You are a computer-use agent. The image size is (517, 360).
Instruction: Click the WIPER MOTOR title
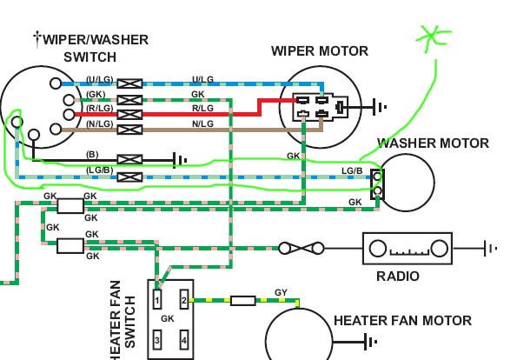click(x=320, y=51)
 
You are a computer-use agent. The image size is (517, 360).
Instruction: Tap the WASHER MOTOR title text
click(x=433, y=143)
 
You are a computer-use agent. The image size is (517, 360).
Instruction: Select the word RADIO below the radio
click(x=398, y=277)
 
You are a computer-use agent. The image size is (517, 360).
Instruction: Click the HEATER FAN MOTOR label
click(x=402, y=321)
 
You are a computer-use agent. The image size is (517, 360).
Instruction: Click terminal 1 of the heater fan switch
click(x=157, y=299)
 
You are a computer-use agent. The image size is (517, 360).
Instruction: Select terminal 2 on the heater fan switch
click(x=184, y=299)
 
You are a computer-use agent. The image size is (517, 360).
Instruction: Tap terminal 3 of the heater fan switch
click(x=157, y=340)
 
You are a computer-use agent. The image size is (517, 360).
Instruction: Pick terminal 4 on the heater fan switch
click(x=184, y=340)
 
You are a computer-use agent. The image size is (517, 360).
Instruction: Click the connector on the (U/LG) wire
click(x=130, y=83)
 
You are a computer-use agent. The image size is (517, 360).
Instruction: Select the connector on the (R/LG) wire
click(x=130, y=115)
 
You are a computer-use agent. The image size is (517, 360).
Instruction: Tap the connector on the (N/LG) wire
click(x=130, y=130)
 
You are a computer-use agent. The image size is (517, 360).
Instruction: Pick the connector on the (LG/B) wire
click(x=130, y=177)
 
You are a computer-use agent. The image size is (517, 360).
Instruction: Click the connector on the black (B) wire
click(x=130, y=160)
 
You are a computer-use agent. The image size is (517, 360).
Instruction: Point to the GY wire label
click(x=281, y=292)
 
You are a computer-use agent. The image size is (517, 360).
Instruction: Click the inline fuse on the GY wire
click(x=243, y=301)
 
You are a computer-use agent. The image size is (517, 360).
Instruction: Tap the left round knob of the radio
click(x=377, y=249)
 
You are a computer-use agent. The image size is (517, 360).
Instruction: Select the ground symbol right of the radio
click(x=490, y=248)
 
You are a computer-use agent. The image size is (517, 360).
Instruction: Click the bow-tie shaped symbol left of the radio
click(x=301, y=248)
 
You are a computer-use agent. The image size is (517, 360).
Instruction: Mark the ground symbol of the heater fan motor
click(x=371, y=342)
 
